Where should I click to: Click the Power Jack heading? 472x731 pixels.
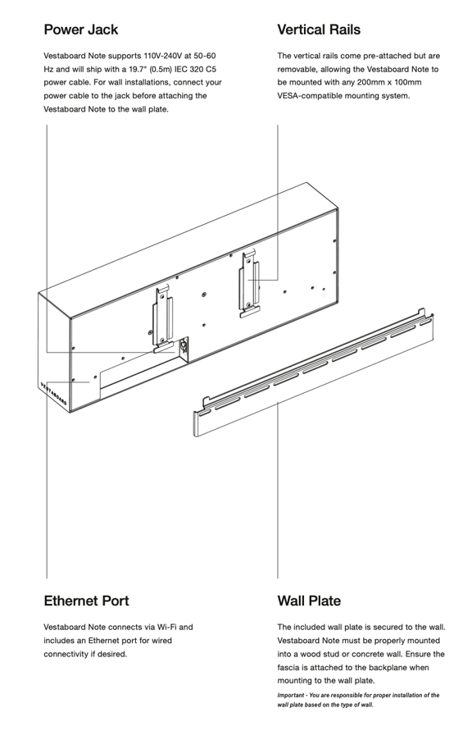tap(80, 30)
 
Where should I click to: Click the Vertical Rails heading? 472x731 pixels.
tap(319, 30)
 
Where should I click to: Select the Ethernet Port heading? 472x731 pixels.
tap(86, 601)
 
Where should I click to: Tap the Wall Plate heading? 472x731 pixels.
tap(309, 601)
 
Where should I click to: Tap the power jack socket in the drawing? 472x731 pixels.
tap(184, 347)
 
